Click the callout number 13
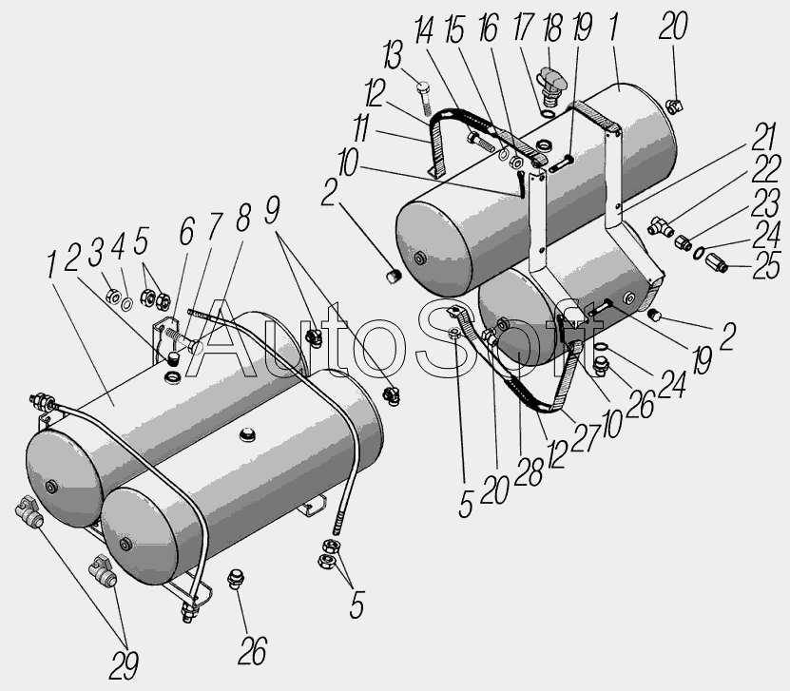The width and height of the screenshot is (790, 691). pos(393,55)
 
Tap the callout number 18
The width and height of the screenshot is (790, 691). pos(552,28)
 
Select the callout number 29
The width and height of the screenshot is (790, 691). pos(124,665)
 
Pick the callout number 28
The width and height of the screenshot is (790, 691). pos(529,473)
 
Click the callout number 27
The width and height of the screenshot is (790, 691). pos(586,438)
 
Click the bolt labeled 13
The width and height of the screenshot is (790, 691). pos(424,97)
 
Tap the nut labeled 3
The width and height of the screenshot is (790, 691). pos(113,298)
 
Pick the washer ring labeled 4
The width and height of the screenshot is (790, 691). pos(127,304)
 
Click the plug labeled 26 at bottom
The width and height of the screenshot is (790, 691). pos(234,579)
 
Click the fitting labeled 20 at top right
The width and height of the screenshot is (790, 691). pos(673,106)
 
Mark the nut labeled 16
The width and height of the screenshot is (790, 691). pos(516,163)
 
